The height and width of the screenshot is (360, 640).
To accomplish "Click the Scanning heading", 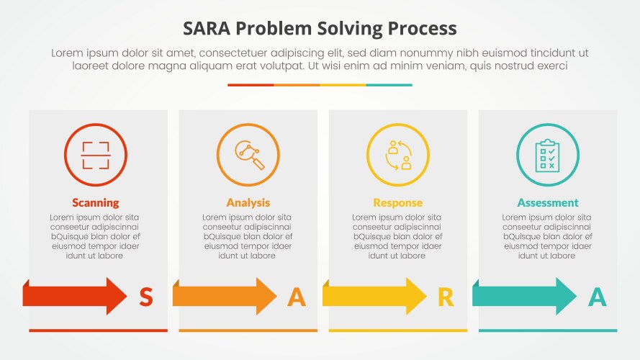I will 96,202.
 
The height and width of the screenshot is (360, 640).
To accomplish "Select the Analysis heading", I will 248,202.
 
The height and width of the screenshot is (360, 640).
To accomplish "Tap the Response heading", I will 398,202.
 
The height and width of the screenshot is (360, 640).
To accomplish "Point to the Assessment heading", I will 548,202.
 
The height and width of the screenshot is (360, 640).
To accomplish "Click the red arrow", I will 76,296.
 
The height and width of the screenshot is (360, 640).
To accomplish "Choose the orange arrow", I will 225,296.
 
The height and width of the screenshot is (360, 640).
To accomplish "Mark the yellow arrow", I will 374,296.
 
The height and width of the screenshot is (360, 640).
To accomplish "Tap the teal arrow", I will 524,296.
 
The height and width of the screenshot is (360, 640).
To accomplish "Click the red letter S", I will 145,297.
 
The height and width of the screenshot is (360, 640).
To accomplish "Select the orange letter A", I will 296,297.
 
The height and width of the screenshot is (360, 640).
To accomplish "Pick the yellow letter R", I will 446,297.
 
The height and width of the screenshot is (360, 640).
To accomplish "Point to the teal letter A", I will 597,297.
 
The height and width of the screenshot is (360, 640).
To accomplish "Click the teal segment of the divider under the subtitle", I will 389,85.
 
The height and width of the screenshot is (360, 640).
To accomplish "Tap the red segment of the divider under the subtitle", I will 251,85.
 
